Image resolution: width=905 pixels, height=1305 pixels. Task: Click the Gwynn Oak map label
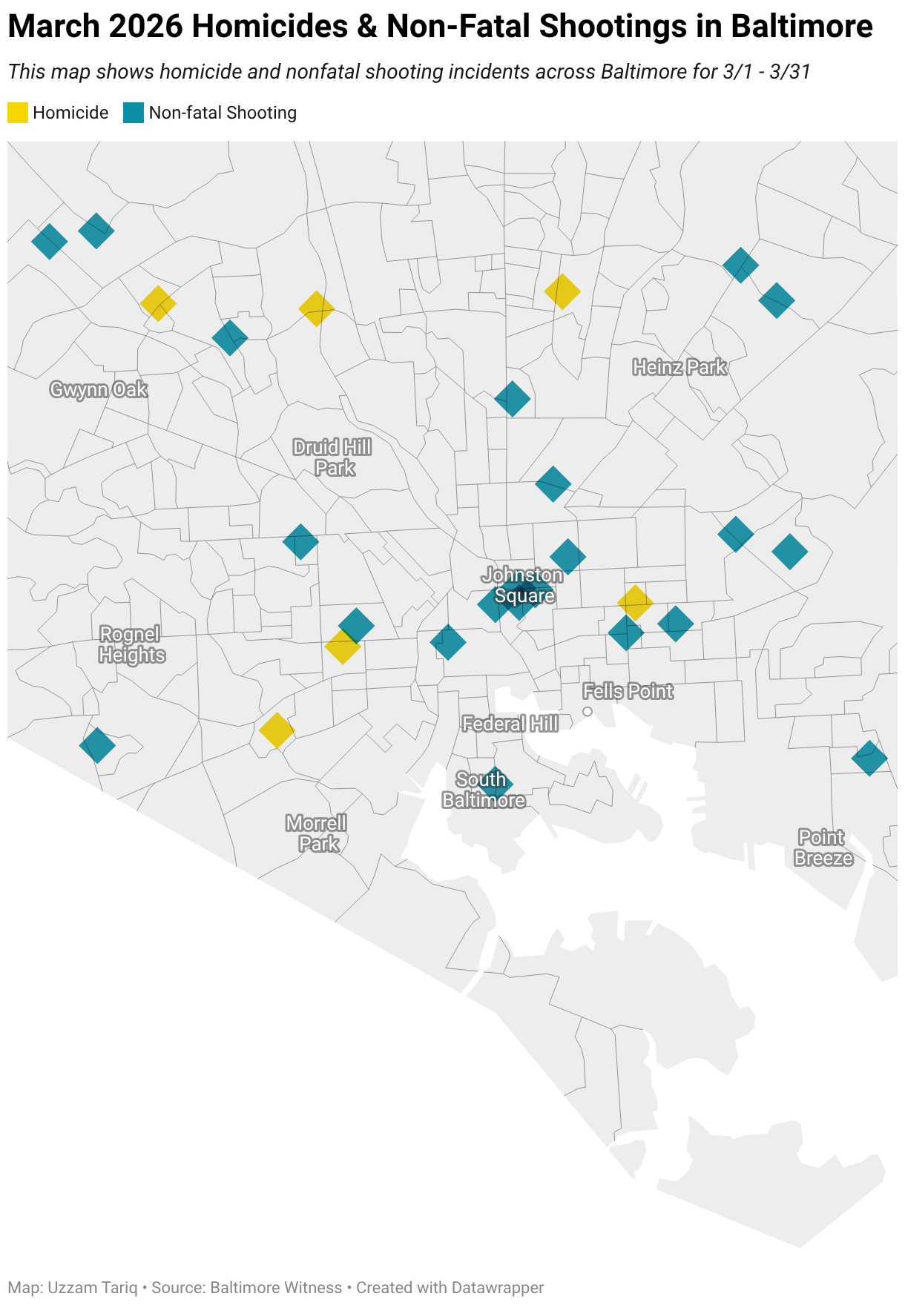click(x=99, y=389)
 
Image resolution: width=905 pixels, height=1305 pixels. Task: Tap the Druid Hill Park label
click(x=332, y=457)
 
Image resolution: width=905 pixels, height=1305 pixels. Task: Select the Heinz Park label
click(x=679, y=367)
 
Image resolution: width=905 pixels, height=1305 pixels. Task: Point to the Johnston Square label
click(x=523, y=585)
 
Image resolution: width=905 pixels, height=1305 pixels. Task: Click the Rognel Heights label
click(x=131, y=644)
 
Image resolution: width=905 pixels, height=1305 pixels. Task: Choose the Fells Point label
click(x=628, y=691)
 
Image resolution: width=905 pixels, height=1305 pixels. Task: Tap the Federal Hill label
click(x=510, y=724)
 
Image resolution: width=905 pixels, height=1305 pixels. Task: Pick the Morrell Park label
click(x=317, y=833)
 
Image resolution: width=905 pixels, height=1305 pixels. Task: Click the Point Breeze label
click(x=823, y=848)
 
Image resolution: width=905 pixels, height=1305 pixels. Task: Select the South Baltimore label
click(x=483, y=790)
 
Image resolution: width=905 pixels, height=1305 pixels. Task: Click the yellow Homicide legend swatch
click(x=18, y=113)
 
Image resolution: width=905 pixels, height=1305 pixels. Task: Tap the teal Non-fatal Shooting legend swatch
click(x=134, y=113)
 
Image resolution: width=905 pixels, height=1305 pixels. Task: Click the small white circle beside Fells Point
click(x=588, y=712)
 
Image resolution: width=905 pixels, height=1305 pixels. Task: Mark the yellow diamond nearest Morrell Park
click(x=277, y=730)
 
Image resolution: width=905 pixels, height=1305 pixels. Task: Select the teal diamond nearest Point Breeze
click(x=869, y=758)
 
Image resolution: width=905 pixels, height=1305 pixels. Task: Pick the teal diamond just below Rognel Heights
click(x=97, y=745)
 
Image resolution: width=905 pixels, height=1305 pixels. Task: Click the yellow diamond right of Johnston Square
click(x=635, y=602)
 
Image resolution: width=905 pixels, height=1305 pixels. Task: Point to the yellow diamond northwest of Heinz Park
click(x=562, y=291)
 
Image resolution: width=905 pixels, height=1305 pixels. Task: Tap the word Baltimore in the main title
click(x=801, y=27)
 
